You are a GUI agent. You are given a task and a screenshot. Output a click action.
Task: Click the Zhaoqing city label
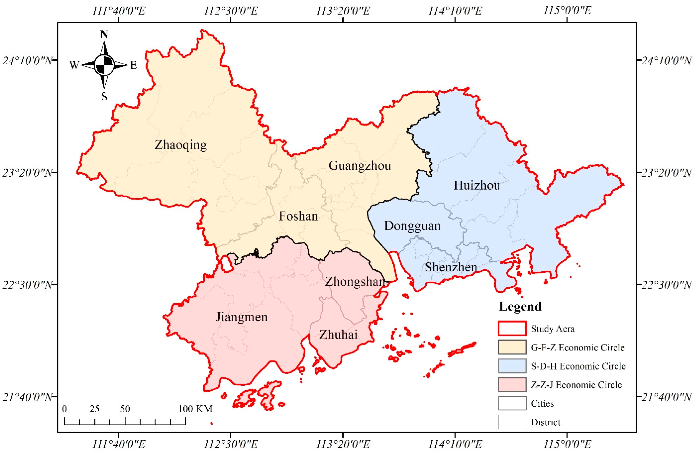(181, 145)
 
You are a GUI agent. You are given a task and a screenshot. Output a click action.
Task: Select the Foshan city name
(299, 216)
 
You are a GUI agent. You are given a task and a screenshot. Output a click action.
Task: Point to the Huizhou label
(477, 185)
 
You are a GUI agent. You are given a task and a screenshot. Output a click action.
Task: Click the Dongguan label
(412, 226)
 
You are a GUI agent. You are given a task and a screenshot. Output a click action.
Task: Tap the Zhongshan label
(355, 282)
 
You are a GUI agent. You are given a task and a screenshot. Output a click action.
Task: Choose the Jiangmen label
(241, 317)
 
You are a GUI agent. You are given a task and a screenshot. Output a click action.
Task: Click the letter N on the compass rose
(104, 35)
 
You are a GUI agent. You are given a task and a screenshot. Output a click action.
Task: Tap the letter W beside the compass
(74, 65)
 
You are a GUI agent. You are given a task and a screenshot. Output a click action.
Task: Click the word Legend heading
(520, 306)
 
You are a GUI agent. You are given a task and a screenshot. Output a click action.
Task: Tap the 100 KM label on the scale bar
(195, 409)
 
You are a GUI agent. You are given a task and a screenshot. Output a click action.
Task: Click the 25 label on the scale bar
(94, 409)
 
